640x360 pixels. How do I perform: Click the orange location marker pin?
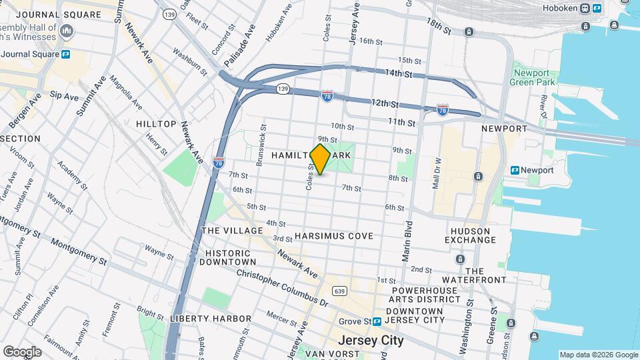click(320, 159)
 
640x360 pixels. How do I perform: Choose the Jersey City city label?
click(371, 340)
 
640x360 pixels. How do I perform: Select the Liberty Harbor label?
click(211, 319)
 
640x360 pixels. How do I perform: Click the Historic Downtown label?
click(228, 258)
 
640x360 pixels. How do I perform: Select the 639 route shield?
click(339, 291)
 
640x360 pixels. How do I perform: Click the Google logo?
click(22, 352)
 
